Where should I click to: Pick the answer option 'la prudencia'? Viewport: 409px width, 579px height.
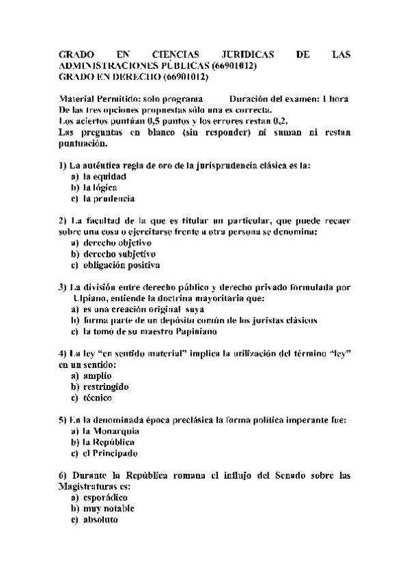pos(109,199)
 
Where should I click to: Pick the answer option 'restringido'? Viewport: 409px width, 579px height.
pos(105,386)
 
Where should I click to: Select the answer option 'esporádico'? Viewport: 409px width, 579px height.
pos(105,497)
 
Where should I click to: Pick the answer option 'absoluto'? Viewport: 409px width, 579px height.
pos(100,520)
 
